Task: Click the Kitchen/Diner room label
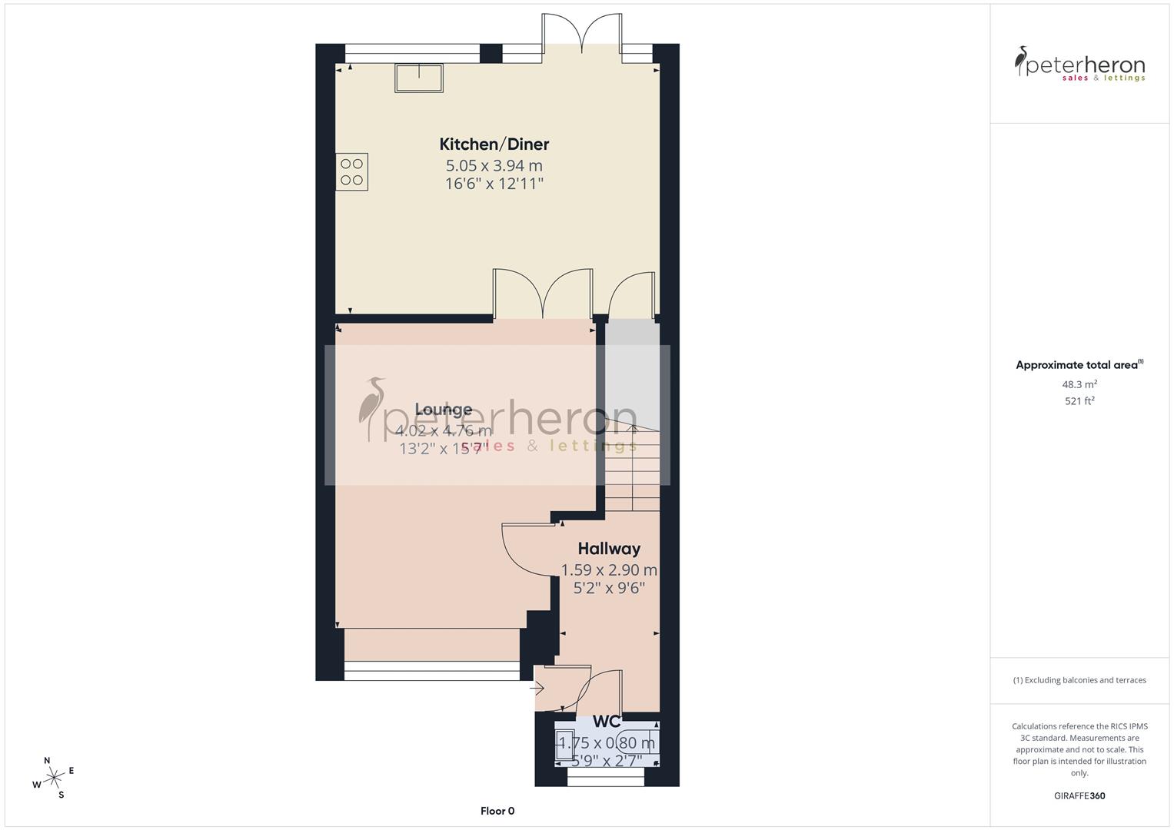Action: click(x=494, y=144)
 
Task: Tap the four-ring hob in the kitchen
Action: click(x=351, y=171)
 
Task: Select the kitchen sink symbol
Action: click(x=419, y=78)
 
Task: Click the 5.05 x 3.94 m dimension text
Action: click(x=494, y=165)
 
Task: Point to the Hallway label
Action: click(x=609, y=549)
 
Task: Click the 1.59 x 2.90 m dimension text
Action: click(x=609, y=570)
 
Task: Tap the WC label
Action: click(x=607, y=722)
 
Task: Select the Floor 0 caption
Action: click(x=497, y=811)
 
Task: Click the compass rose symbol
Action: click(x=53, y=778)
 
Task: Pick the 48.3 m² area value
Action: click(x=1079, y=384)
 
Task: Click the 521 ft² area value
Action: click(x=1079, y=400)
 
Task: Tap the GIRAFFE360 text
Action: click(x=1079, y=795)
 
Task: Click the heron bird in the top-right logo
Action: click(x=1022, y=61)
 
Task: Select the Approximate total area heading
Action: click(x=1079, y=365)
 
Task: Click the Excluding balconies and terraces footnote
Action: click(x=1079, y=680)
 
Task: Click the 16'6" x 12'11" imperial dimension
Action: click(x=494, y=184)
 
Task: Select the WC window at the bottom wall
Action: click(x=606, y=780)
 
